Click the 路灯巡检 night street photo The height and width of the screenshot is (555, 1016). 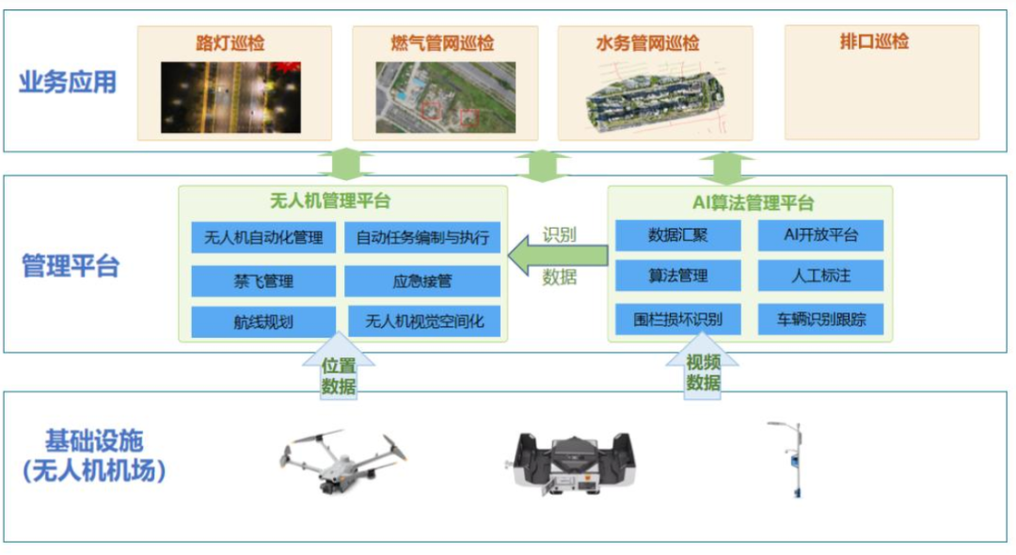230,98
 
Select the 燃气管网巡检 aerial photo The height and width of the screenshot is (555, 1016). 446,98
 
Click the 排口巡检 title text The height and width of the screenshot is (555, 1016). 874,41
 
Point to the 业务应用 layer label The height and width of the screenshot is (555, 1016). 68,82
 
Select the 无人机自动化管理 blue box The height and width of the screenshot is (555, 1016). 263,238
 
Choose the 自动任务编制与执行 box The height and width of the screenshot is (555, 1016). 422,238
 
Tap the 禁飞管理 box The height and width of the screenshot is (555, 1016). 263,281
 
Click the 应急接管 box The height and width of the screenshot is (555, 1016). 422,281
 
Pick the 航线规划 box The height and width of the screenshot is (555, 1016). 263,322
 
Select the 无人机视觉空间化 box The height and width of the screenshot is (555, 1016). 424,321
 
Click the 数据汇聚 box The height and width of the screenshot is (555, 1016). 677,235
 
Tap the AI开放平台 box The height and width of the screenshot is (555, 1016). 821,235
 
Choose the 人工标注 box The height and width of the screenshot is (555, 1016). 821,276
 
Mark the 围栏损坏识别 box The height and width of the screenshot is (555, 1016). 677,319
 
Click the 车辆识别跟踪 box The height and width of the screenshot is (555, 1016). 821,319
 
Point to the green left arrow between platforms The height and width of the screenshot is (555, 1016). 558,256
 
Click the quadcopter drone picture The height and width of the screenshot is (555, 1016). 342,461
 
